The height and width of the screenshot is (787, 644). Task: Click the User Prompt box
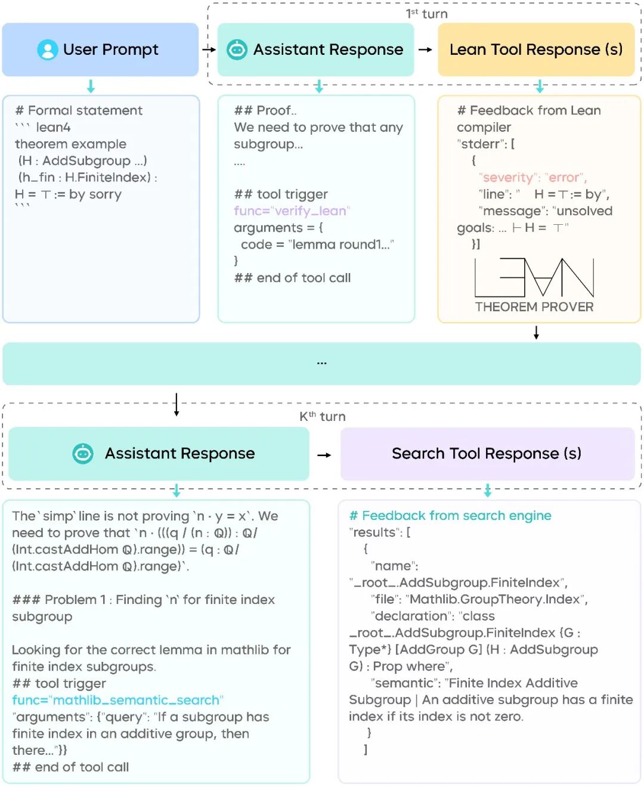click(x=100, y=49)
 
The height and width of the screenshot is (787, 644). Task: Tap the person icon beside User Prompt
click(x=47, y=49)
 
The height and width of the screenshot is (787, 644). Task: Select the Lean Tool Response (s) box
click(x=535, y=49)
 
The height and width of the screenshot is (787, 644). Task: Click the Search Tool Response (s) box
click(x=487, y=454)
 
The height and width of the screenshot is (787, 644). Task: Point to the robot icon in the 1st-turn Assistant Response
click(x=237, y=49)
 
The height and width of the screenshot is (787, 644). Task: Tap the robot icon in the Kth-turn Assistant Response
click(x=83, y=454)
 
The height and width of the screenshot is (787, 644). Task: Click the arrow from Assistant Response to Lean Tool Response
click(x=425, y=49)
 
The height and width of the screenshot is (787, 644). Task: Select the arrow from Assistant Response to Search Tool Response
click(x=324, y=455)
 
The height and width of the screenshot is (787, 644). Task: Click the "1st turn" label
click(x=426, y=14)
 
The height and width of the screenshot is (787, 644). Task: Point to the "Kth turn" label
click(x=322, y=416)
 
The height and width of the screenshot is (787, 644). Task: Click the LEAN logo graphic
click(x=534, y=277)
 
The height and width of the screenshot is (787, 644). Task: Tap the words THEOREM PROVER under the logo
click(x=534, y=307)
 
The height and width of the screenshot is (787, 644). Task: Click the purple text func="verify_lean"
click(x=292, y=211)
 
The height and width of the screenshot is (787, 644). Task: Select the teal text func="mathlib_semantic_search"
click(x=117, y=700)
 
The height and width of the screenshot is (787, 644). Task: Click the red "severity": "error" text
click(x=532, y=178)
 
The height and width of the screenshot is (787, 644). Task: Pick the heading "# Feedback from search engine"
click(x=450, y=516)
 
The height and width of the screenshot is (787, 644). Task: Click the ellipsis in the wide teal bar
click(x=321, y=362)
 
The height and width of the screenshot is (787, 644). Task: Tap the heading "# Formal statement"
click(x=79, y=110)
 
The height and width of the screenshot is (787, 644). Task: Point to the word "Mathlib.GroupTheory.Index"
click(x=495, y=599)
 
